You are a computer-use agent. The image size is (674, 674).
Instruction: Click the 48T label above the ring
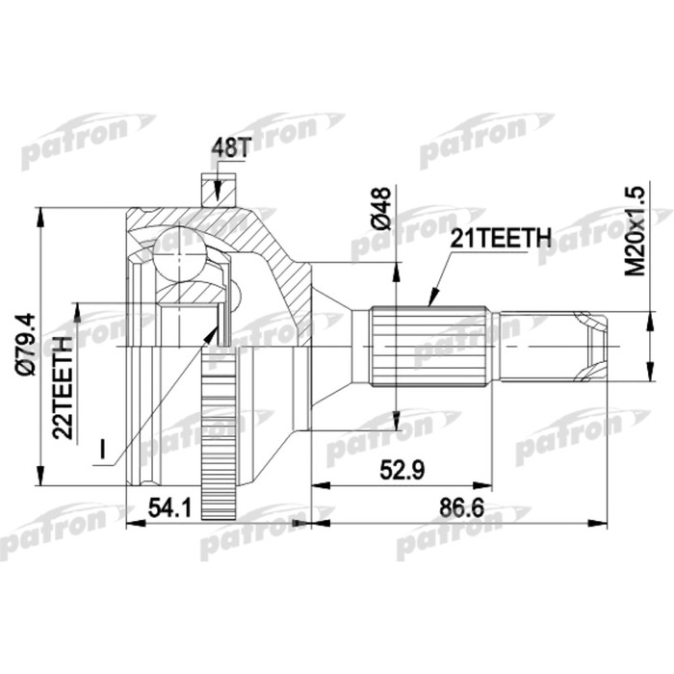click(230, 148)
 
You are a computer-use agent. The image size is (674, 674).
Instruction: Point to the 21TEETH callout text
click(501, 237)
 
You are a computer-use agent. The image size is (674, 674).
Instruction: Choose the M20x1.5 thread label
click(635, 231)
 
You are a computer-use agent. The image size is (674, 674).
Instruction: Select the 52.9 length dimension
click(402, 470)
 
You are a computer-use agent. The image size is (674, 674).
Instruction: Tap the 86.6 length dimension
click(461, 508)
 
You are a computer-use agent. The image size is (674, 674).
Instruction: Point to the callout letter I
click(102, 450)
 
